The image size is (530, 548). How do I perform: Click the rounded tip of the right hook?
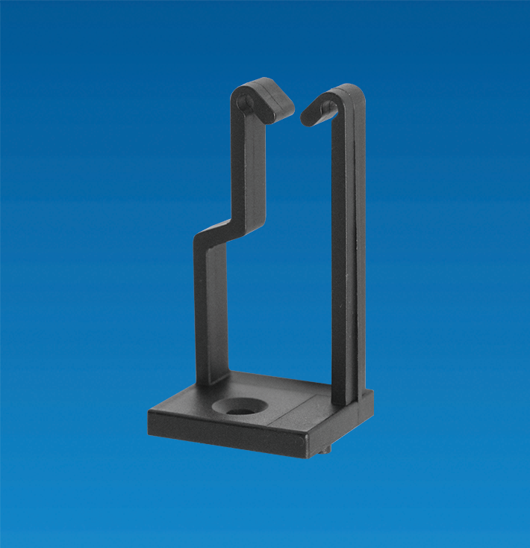coord(306,117)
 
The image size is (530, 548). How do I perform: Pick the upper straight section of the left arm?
coord(253,164)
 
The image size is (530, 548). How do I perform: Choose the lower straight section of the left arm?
coord(210,314)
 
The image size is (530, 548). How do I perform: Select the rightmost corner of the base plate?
coord(373,392)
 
